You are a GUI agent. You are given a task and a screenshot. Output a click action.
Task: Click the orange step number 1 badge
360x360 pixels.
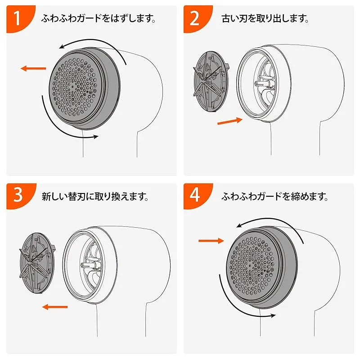19,18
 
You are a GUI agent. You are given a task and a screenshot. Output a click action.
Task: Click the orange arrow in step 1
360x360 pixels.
33,68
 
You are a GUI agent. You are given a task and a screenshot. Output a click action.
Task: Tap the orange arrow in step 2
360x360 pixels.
230,121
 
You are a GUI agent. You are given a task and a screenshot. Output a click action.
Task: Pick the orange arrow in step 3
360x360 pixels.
55,307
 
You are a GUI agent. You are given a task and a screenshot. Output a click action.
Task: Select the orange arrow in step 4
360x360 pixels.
211,241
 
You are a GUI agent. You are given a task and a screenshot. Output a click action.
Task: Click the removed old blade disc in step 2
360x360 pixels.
211,81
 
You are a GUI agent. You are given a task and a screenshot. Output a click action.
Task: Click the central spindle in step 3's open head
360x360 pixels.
91,265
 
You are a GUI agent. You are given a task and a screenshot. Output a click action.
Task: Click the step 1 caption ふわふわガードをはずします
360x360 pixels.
99,18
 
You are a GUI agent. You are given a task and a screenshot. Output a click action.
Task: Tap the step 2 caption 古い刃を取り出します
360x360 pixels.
265,18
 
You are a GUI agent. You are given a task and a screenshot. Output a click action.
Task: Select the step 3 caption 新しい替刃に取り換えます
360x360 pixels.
95,197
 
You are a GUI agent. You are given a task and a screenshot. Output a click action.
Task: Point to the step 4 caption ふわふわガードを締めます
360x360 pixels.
274,197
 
